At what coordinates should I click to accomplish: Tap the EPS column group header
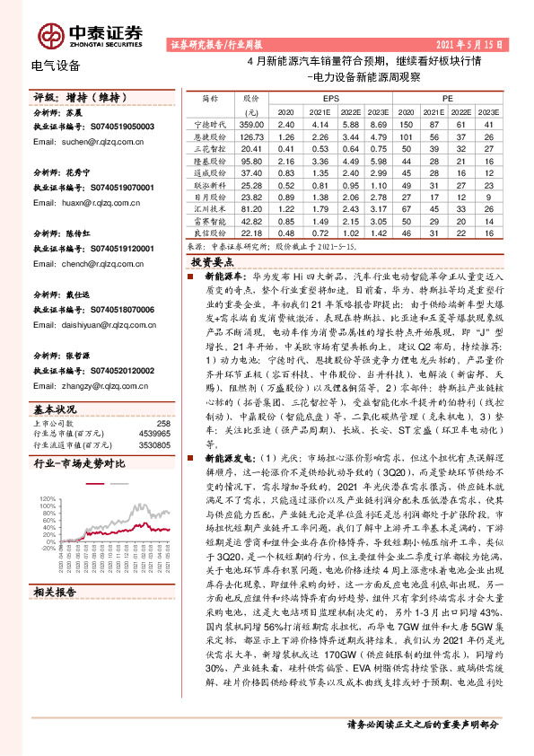pyautogui.click(x=330, y=96)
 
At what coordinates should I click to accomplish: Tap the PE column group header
pyautogui.click(x=449, y=96)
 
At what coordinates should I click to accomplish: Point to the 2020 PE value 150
pyautogui.click(x=406, y=123)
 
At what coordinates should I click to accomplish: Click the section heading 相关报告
pyautogui.click(x=56, y=593)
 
